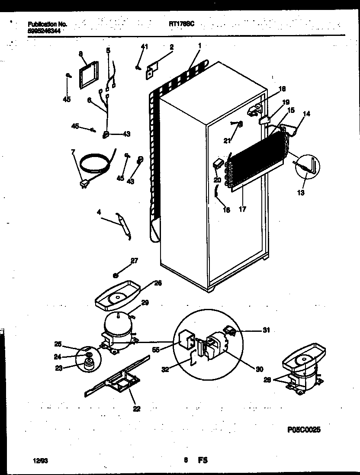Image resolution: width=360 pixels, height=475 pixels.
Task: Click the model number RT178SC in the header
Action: (x=181, y=25)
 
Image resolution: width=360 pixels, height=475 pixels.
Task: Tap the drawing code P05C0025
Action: (x=303, y=430)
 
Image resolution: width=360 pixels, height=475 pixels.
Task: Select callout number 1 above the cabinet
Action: (x=200, y=45)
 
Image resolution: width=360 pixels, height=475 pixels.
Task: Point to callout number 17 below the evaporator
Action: (x=243, y=209)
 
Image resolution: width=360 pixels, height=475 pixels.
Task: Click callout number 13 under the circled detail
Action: (x=301, y=193)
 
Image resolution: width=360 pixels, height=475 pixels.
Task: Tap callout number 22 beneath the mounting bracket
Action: (x=137, y=408)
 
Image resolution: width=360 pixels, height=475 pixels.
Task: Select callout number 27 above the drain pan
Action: (x=134, y=260)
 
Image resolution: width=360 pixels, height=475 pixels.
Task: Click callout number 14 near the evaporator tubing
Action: (x=307, y=114)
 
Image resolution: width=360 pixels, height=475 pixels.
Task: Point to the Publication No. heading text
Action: (x=47, y=25)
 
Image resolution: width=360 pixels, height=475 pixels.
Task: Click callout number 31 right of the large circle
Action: (x=266, y=330)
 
